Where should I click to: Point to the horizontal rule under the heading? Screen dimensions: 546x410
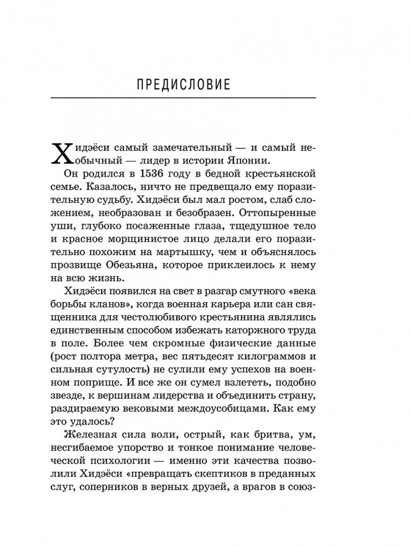pyautogui.click(x=183, y=98)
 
